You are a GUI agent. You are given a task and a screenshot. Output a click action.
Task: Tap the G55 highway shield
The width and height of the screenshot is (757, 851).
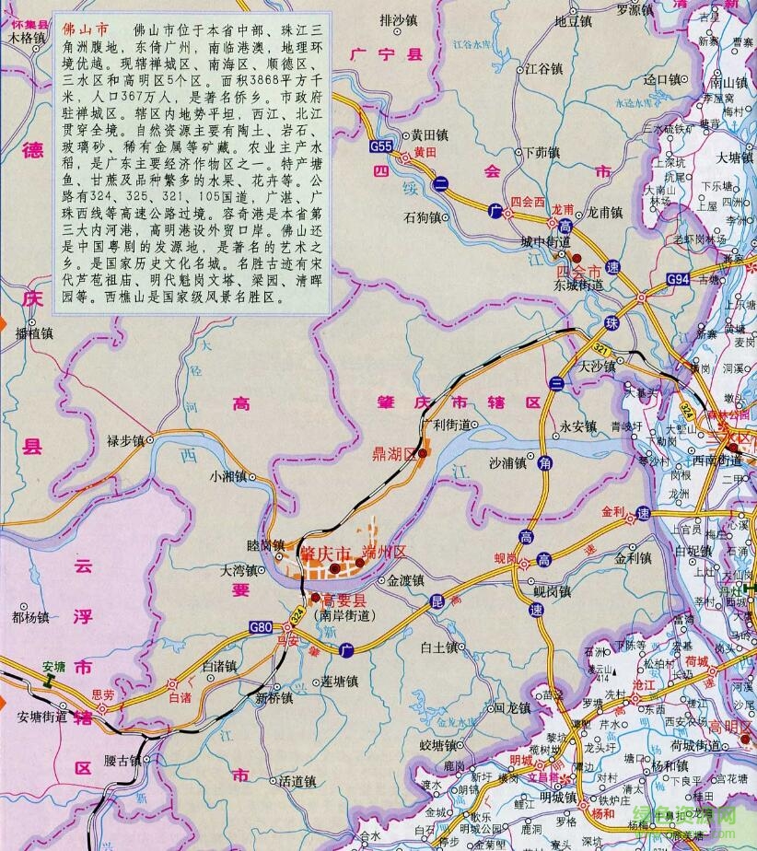click(380, 146)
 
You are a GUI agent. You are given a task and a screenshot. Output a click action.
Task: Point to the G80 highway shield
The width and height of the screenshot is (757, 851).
click(261, 627)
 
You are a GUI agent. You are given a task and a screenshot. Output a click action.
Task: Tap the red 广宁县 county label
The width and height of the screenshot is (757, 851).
click(385, 56)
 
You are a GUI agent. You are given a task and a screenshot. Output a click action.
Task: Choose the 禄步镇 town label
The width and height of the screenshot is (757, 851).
click(126, 440)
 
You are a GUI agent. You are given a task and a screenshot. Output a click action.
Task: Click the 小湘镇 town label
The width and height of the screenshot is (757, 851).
click(227, 476)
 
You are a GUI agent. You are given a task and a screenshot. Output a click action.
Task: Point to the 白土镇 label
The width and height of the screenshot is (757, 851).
click(438, 647)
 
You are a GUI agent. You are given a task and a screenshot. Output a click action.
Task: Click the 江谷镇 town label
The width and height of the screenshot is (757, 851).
click(542, 68)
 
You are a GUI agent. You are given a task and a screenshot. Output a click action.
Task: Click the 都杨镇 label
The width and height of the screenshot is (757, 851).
click(29, 616)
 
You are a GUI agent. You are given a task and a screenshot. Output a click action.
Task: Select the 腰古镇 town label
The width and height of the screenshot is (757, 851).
click(122, 761)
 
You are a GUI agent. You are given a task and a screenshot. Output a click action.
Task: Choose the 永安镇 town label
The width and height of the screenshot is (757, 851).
click(578, 426)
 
